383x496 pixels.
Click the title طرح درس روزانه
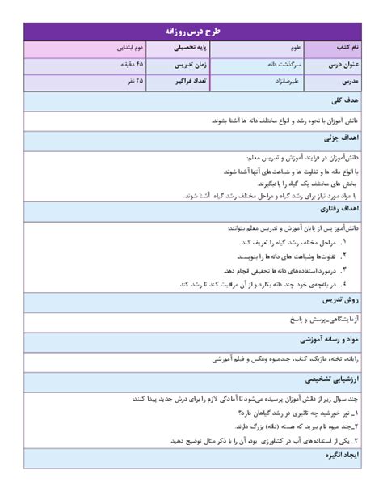pyautogui.click(x=192, y=32)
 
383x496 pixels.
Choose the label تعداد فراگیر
pyautogui.click(x=171, y=83)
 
